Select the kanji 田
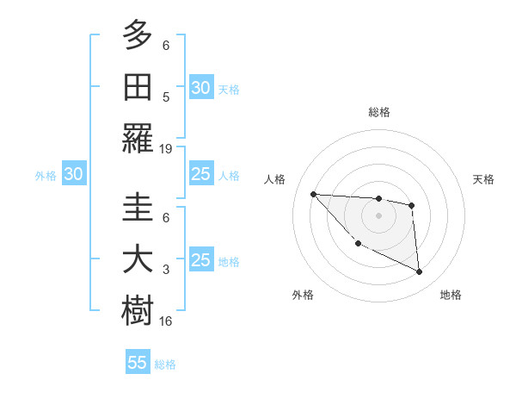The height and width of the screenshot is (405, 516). coord(138,86)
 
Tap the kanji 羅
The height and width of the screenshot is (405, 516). coord(138,138)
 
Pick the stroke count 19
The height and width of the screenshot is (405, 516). coord(166,148)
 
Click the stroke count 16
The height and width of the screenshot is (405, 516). coord(166,321)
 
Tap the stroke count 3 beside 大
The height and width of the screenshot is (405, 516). coord(166,270)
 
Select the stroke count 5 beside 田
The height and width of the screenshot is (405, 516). coord(166,97)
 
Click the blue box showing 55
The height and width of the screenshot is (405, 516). coord(138,363)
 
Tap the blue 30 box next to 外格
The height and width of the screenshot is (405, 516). coord(73,175)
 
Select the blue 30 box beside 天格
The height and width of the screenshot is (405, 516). coord(201,88)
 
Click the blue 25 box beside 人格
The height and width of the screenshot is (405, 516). coord(201,175)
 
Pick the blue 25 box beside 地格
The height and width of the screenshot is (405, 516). coord(201,260)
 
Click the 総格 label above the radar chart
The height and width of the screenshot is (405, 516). coord(378,112)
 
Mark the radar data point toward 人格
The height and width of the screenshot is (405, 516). coord(313,194)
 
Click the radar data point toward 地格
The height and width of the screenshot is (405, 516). coord(420,272)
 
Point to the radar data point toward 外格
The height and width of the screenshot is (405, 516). coord(358,244)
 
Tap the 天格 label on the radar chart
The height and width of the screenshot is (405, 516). coord(484,179)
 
